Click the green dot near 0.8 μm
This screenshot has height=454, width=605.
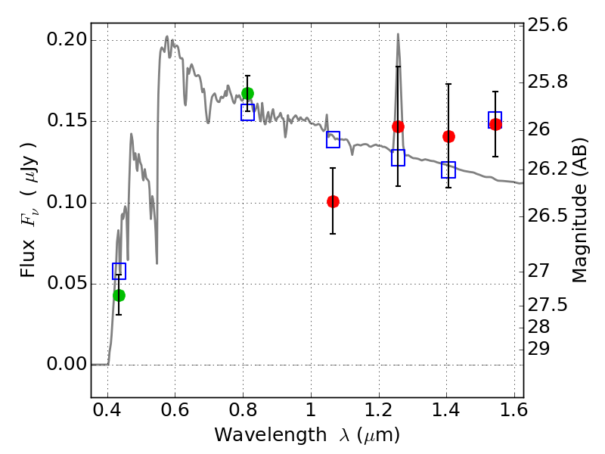[x=248, y=93]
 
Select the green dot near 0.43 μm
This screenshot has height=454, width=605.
[x=119, y=296]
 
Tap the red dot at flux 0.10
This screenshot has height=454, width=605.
[x=333, y=201]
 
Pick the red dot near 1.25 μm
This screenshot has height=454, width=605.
[x=399, y=126]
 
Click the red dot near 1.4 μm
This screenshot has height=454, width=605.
[x=448, y=136]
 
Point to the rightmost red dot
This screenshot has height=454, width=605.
[x=496, y=124]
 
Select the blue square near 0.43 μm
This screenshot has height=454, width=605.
[x=119, y=271]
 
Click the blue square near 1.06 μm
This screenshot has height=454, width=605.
[x=333, y=139]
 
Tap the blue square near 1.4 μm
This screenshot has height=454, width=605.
[x=448, y=169]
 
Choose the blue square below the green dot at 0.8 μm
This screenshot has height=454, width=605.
[x=248, y=112]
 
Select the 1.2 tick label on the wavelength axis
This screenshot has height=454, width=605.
[x=379, y=410]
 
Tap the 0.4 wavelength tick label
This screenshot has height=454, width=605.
[x=107, y=410]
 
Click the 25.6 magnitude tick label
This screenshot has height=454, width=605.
[x=548, y=26]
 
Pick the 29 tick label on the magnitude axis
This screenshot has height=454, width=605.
[x=538, y=349]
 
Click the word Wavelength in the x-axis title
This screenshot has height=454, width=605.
[x=271, y=436]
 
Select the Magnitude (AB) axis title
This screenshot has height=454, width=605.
[x=579, y=210]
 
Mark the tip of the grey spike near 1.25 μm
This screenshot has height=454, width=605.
[x=398, y=34]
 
